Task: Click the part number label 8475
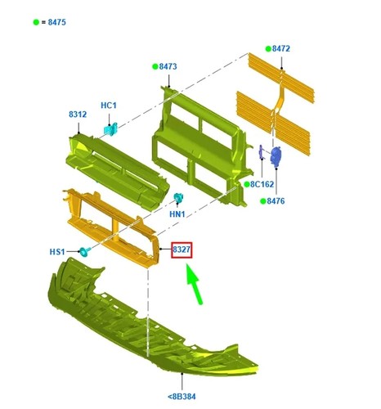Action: pos(57,22)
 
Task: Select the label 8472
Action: pos(281,49)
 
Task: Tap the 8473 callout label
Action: pos(168,66)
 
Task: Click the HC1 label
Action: pos(109,106)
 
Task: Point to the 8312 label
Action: pos(78,115)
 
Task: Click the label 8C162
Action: pos(262,185)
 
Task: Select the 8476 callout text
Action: pos(276,201)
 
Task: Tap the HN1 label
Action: pos(177,214)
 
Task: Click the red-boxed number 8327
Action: pos(182,249)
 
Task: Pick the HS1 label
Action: pos(57,252)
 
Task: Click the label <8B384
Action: pos(182,396)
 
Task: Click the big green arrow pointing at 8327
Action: pos(195,284)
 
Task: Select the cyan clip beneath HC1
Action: pos(110,129)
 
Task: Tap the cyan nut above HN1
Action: pos(178,198)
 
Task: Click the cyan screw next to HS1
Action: pos(85,252)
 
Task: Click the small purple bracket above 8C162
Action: pos(261,152)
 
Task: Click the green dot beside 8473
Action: pos(155,66)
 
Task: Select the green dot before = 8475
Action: pos(36,22)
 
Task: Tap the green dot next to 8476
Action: pos(263,201)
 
